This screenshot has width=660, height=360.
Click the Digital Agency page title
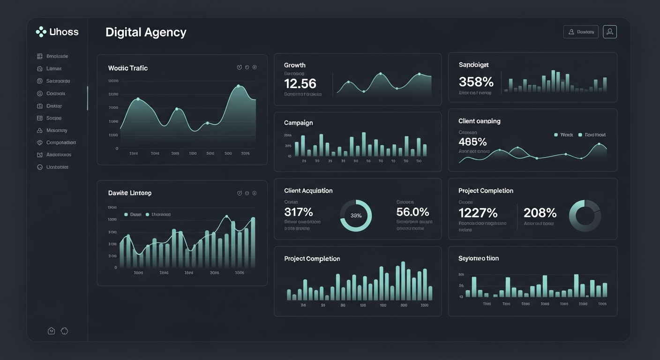point(146,32)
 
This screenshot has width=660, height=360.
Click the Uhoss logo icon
point(41,32)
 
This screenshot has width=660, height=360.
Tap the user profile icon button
point(609,32)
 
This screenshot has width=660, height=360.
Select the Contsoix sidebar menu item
point(55,93)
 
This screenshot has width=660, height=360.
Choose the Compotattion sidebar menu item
point(60,142)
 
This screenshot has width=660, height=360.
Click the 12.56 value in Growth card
point(300,83)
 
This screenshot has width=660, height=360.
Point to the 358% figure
point(476,82)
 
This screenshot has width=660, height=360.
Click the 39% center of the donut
point(356,216)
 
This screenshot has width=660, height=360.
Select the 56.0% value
point(412,212)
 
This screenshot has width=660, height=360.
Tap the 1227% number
point(478,213)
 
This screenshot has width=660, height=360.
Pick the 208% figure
point(540,213)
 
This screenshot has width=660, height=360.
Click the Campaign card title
point(298,123)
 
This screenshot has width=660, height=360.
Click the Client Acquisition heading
point(308,191)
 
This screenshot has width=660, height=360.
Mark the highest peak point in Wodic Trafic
point(239,86)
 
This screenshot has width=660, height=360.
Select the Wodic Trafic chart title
point(127,68)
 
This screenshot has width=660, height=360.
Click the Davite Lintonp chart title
point(129,193)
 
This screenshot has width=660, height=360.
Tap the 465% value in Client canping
point(472,142)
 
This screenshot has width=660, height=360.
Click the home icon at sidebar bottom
point(52,331)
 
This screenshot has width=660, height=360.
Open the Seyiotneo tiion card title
point(478,258)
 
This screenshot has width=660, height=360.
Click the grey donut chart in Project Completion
point(585,216)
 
